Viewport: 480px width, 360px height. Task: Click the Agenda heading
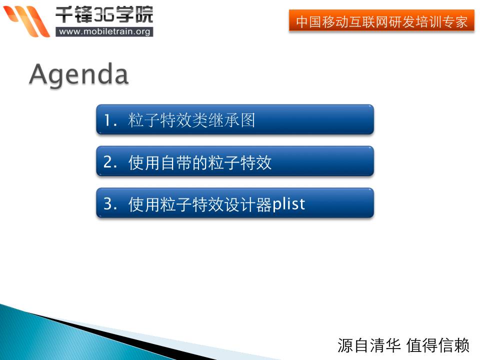[x=78, y=75]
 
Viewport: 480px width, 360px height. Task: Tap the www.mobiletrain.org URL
[x=104, y=31]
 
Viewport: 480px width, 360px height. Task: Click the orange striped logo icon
[x=26, y=21]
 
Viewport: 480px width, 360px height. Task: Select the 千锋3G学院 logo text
[x=104, y=14]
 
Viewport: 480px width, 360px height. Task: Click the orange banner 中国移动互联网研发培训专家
[x=381, y=20]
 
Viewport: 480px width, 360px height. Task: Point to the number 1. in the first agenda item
[x=110, y=120]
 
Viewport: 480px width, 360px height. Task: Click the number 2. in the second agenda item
[x=110, y=162]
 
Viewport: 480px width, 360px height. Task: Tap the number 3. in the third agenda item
[x=110, y=204]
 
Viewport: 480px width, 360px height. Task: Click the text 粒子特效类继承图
[x=191, y=119]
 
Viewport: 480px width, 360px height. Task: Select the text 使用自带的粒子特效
[x=199, y=162]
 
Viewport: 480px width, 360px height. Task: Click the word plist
[x=288, y=204]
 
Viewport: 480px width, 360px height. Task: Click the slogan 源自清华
[x=369, y=345]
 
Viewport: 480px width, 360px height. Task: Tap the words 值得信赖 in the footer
[x=438, y=345]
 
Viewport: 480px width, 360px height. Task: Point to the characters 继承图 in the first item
[x=231, y=119]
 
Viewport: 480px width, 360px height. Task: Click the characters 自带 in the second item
[x=175, y=162]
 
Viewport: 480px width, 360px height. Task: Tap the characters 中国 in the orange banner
[x=308, y=21]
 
